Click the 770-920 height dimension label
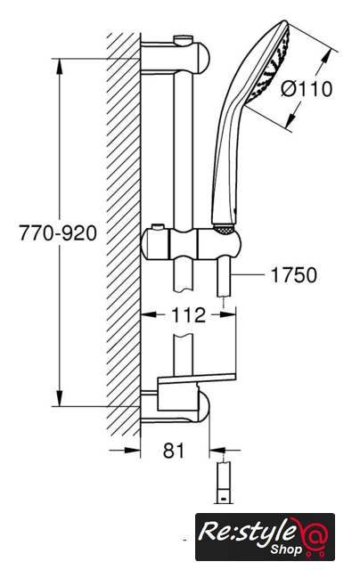58,232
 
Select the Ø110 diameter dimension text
307,89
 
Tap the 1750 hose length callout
294,275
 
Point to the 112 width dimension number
188,314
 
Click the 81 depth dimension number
174,451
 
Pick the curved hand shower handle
225,157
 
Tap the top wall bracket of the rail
176,57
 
